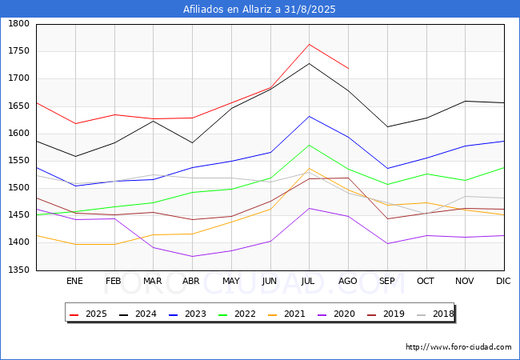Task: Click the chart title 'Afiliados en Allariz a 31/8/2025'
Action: (x=259, y=10)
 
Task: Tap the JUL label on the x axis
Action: (x=309, y=281)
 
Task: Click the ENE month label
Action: (x=74, y=281)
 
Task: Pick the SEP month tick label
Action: (x=387, y=281)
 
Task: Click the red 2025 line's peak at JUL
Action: (x=309, y=44)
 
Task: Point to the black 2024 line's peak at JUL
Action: (x=309, y=63)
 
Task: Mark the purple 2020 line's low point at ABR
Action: (x=192, y=257)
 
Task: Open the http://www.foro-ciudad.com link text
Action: (x=458, y=347)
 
